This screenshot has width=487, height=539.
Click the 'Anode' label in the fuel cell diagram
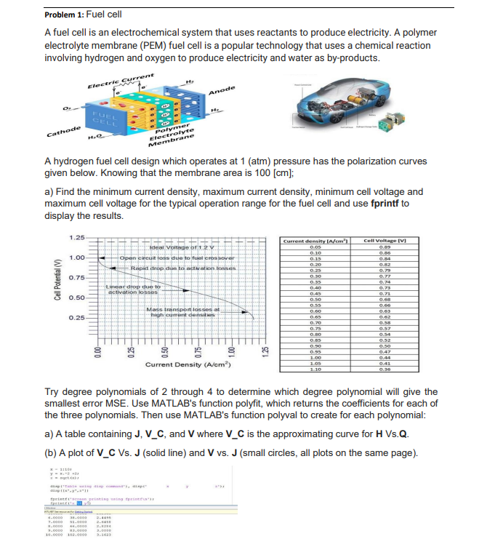[x=221, y=89]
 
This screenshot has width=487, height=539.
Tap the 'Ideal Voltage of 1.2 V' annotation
[x=168, y=249]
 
